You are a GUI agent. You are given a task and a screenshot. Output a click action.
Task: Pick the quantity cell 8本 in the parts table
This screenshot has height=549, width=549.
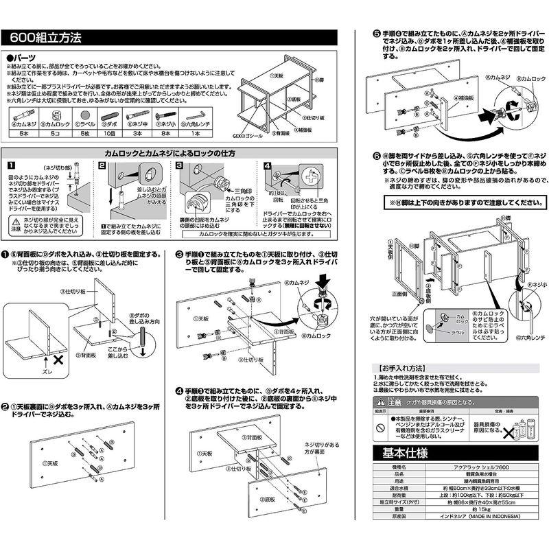167,134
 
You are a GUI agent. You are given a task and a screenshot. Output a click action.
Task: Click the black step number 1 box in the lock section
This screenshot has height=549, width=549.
11,166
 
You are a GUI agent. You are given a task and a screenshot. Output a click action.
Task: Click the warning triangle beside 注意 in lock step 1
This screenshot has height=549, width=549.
15,220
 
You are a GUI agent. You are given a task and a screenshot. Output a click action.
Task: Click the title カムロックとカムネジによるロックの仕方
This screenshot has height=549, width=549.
170,153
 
